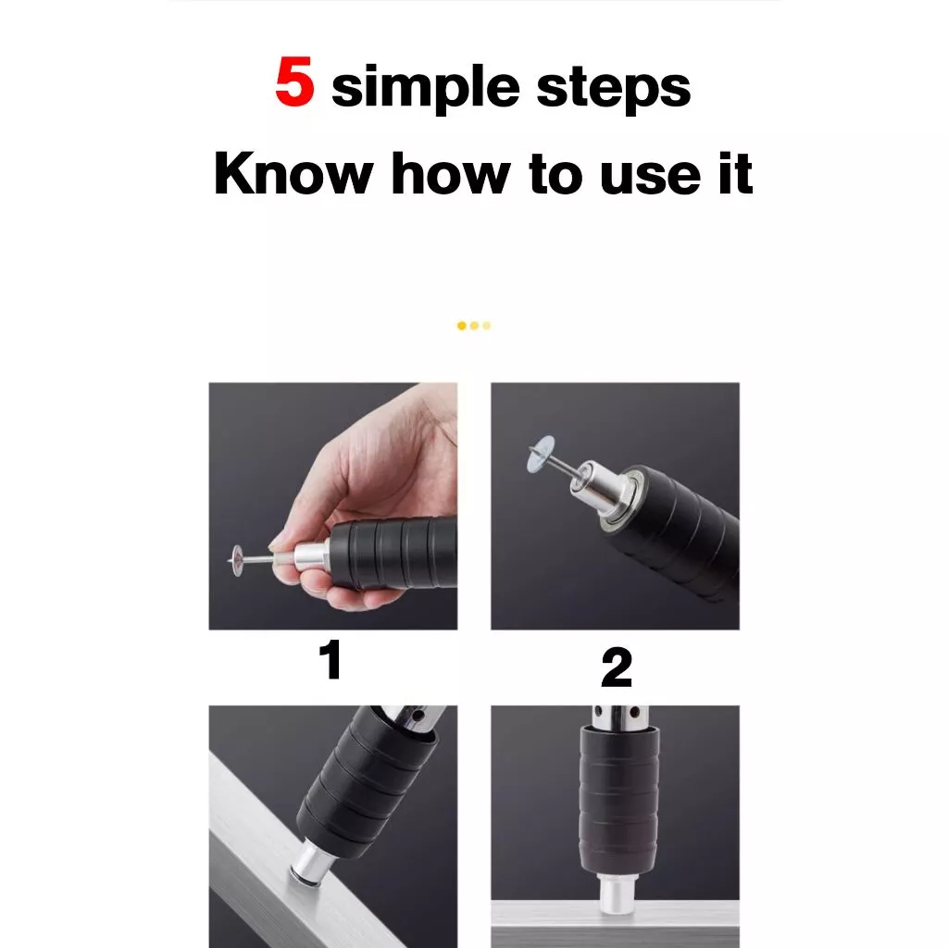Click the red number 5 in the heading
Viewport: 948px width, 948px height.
[294, 81]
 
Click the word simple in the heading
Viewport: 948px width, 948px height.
[426, 87]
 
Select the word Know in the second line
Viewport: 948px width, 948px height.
[293, 173]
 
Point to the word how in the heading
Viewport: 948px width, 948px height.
[451, 173]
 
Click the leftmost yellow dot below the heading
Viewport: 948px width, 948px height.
[462, 326]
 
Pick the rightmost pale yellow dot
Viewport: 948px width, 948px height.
[487, 326]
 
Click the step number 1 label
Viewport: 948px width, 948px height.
[331, 659]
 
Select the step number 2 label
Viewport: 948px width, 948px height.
[616, 667]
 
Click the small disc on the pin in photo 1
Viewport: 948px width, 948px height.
[236, 560]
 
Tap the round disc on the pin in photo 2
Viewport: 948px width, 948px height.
[540, 454]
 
